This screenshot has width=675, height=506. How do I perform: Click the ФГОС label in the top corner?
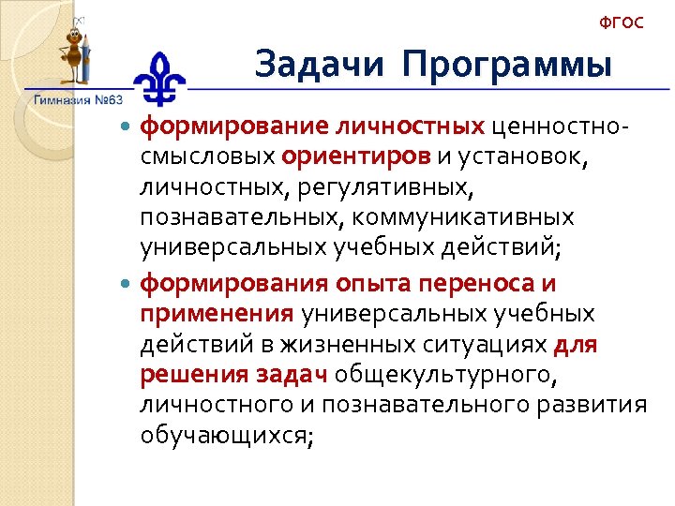tap(621, 22)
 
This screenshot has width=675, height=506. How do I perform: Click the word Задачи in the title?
tap(319, 65)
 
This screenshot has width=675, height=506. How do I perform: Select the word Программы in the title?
tap(508, 66)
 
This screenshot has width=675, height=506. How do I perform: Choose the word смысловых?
tap(207, 156)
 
